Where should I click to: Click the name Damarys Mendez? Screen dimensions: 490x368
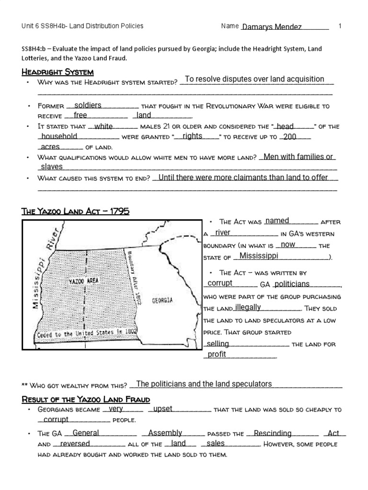(272, 27)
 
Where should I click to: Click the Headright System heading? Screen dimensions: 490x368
(57, 72)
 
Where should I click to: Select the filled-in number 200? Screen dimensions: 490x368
(289, 136)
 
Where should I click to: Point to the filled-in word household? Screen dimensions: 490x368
(59, 136)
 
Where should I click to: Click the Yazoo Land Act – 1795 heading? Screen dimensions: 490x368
(76, 211)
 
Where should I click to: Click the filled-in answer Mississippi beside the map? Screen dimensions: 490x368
(259, 256)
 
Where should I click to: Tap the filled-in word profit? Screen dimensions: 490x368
(216, 355)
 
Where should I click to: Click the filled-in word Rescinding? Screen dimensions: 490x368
(272, 433)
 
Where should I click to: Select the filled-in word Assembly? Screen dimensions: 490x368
(165, 433)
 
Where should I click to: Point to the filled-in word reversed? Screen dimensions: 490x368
(75, 444)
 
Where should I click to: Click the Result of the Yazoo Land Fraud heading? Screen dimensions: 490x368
(86, 399)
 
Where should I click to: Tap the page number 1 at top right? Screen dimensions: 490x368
(340, 26)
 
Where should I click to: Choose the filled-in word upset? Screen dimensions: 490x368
(162, 409)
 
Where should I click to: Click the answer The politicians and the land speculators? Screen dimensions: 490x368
(204, 384)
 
